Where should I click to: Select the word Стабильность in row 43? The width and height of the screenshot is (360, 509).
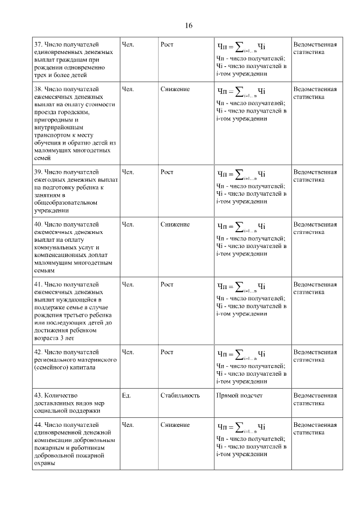point(180,395)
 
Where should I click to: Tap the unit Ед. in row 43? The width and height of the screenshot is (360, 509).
point(127,395)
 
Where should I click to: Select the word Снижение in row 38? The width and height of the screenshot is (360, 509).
point(175,89)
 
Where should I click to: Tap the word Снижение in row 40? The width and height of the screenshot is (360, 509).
point(175,224)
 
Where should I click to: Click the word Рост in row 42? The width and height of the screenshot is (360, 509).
point(167,353)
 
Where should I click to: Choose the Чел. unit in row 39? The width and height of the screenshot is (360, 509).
point(128,172)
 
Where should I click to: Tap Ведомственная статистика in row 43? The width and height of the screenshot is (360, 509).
point(315,399)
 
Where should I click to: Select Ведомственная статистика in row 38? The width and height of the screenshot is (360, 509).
point(315,93)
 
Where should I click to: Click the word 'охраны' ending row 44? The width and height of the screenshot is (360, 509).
point(44,464)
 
